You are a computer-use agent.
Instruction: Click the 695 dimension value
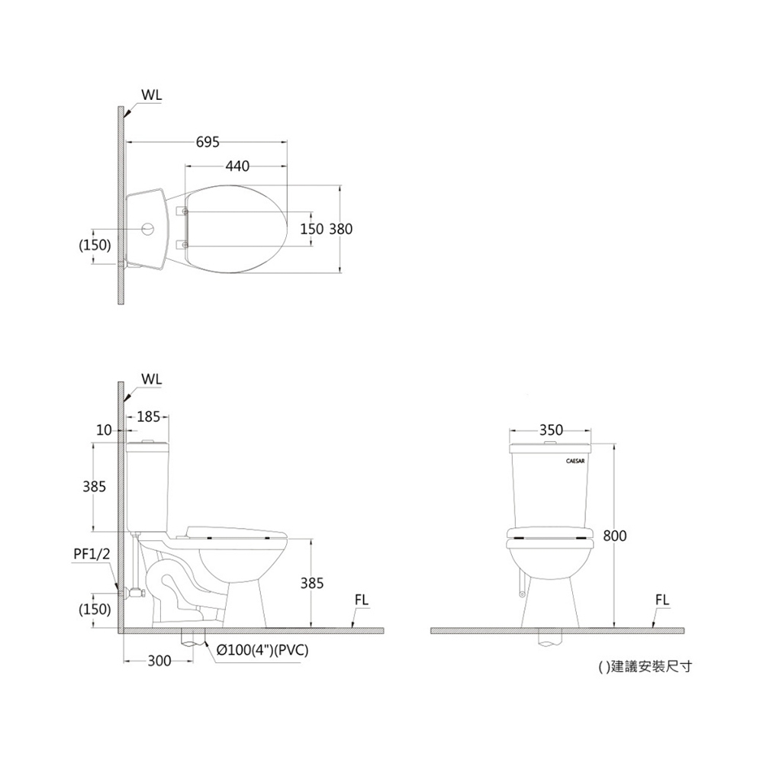[x=208, y=142]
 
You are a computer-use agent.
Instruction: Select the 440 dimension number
[x=237, y=166]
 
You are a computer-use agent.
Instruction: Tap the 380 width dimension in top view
[x=340, y=229]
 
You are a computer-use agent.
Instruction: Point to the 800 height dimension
[x=615, y=536]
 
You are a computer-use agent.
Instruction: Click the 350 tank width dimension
[x=551, y=430]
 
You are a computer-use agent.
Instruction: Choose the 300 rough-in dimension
[x=159, y=661]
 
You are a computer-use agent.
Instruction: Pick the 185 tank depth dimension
[x=149, y=417]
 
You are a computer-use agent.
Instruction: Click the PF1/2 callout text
[x=92, y=554]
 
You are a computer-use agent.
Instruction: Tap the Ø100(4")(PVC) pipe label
[x=262, y=651]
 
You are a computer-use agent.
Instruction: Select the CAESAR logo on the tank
[x=575, y=461]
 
